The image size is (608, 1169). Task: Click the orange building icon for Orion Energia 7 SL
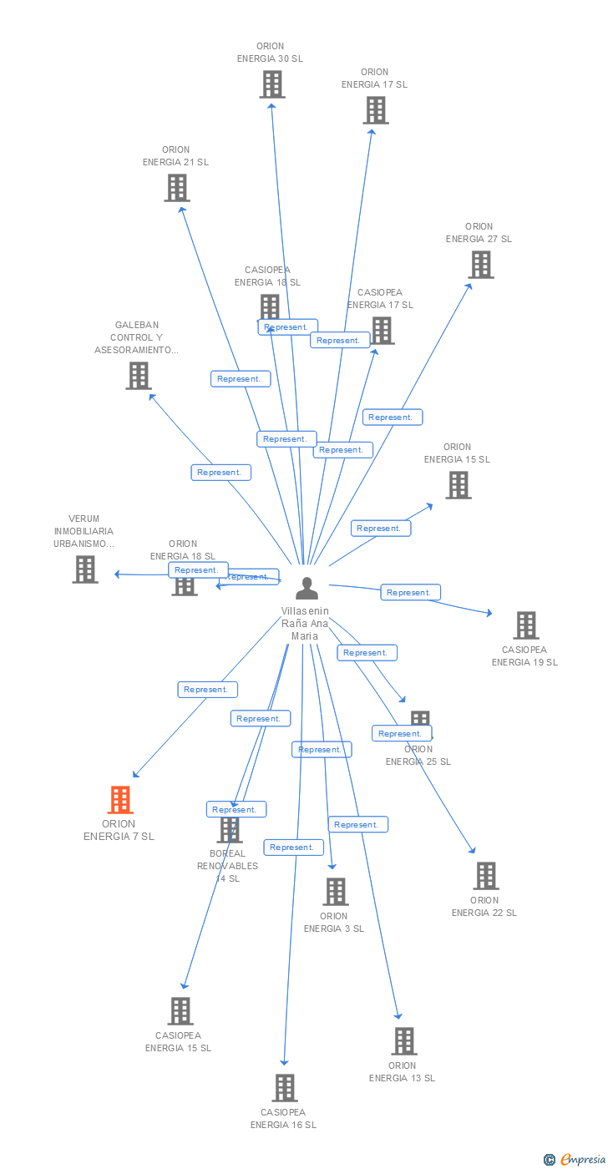coord(120,800)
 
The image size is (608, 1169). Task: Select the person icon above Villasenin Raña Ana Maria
coord(307,589)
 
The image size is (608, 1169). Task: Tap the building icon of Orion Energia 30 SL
coord(272,84)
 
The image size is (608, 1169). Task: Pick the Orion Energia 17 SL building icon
coord(376,110)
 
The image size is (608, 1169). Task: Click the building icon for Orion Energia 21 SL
coord(177,188)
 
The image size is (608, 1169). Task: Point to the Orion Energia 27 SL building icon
coord(480,265)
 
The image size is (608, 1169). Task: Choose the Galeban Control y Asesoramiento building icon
coord(139,376)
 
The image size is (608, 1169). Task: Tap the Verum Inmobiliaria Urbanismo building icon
coord(85,569)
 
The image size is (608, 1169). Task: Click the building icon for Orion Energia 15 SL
coord(458,485)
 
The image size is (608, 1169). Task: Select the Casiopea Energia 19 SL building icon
coord(525,625)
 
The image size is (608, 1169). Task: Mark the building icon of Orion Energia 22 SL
coord(485,876)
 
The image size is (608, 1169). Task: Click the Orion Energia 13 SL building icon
coord(404,1041)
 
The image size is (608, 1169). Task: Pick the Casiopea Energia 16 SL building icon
coord(285,1088)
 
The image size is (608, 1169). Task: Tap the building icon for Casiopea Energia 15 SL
coord(180,1011)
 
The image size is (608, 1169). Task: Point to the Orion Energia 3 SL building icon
coord(336,892)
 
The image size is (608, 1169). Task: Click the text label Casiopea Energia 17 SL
coord(380,299)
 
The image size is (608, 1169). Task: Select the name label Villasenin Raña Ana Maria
coord(305,624)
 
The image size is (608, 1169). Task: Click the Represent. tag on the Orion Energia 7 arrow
coord(207,690)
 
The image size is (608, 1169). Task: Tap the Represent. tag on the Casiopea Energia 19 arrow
coord(410,592)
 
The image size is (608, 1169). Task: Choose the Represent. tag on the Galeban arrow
coord(220,473)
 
